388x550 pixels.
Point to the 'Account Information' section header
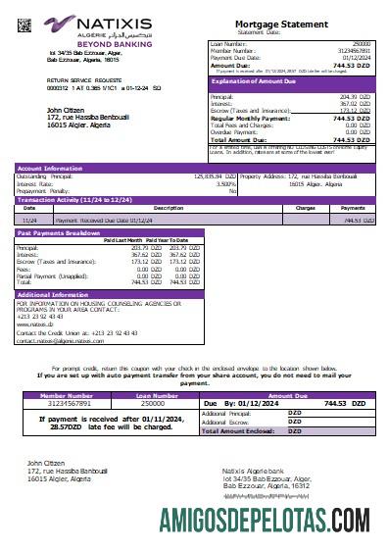point(50,168)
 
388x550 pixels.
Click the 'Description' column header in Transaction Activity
point(140,208)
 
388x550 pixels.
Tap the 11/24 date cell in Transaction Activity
point(29,221)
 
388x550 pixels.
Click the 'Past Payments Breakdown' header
point(58,233)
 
